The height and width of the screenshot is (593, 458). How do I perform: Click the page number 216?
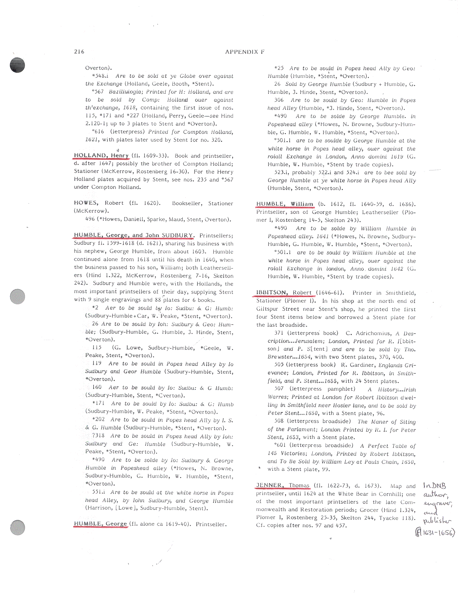click(x=79, y=52)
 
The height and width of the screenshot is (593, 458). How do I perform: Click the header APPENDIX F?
click(x=245, y=52)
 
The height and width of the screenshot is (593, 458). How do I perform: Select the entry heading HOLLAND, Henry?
click(x=101, y=156)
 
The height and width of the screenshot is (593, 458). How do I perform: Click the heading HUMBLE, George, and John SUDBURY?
click(x=134, y=235)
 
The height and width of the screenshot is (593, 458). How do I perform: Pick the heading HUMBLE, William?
click(x=284, y=204)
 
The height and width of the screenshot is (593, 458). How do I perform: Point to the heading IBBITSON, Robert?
click(x=284, y=293)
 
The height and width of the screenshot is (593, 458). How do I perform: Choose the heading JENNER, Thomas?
click(x=283, y=486)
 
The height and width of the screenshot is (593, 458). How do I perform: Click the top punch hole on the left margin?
click(x=17, y=65)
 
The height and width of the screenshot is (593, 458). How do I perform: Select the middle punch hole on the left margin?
click(x=17, y=296)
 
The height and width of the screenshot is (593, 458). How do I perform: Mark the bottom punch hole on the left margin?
click(x=17, y=527)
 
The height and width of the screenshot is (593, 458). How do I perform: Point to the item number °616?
click(x=98, y=132)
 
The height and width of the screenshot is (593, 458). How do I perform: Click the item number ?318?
click(x=98, y=436)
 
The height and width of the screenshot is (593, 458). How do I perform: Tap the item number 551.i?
click(x=98, y=492)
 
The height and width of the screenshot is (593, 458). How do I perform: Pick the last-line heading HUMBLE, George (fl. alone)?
click(x=100, y=524)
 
